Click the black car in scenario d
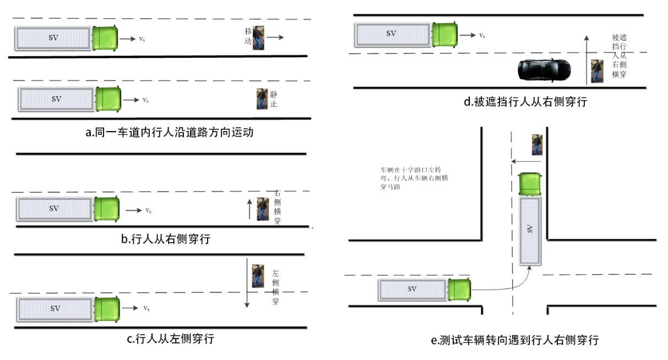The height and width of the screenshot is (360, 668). click(x=544, y=70)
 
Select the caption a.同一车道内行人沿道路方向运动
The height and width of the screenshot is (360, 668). click(x=165, y=132)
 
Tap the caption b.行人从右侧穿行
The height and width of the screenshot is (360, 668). click(x=165, y=239)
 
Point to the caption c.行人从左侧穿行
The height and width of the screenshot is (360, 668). click(x=170, y=339)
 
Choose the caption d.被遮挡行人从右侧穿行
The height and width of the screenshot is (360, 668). click(x=525, y=102)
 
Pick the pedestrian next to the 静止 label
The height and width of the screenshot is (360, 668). click(x=262, y=99)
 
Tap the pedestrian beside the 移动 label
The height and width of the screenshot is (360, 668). click(x=258, y=37)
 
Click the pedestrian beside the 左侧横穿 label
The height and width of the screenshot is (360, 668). click(x=257, y=276)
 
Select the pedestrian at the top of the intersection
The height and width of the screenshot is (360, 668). click(x=537, y=144)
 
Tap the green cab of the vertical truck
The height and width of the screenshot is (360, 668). click(x=530, y=183)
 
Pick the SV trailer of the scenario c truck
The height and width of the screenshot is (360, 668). click(x=55, y=309)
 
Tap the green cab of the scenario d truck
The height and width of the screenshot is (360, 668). click(x=444, y=34)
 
